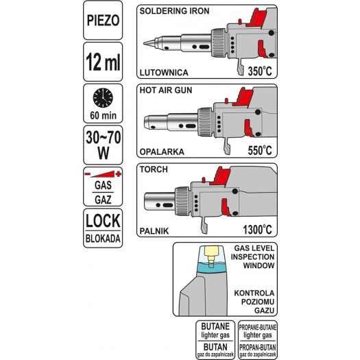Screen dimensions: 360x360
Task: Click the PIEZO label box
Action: click(x=103, y=20)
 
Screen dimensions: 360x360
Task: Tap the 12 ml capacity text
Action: click(x=103, y=62)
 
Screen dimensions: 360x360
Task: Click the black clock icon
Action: click(x=103, y=97)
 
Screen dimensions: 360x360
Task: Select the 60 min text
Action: click(x=103, y=115)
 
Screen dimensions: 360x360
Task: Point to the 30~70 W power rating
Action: click(x=103, y=145)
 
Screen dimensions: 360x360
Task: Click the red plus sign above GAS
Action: click(x=119, y=174)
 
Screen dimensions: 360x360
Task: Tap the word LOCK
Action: click(x=103, y=221)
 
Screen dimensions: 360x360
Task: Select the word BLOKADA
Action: click(x=103, y=239)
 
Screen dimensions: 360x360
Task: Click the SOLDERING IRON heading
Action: click(x=174, y=11)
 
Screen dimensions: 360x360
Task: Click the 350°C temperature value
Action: click(x=260, y=71)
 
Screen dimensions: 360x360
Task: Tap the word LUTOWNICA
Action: click(x=164, y=73)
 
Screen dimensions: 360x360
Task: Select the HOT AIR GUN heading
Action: click(x=166, y=91)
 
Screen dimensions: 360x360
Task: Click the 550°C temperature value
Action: click(x=260, y=150)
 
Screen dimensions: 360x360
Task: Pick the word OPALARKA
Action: click(x=162, y=152)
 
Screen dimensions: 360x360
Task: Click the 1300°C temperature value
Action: click(x=257, y=229)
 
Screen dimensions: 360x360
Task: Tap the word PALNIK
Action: click(x=154, y=231)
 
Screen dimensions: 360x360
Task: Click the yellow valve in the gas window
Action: click(x=211, y=256)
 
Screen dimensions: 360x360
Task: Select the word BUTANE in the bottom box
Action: click(x=215, y=326)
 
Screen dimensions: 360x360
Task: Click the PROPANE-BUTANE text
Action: click(x=258, y=327)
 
